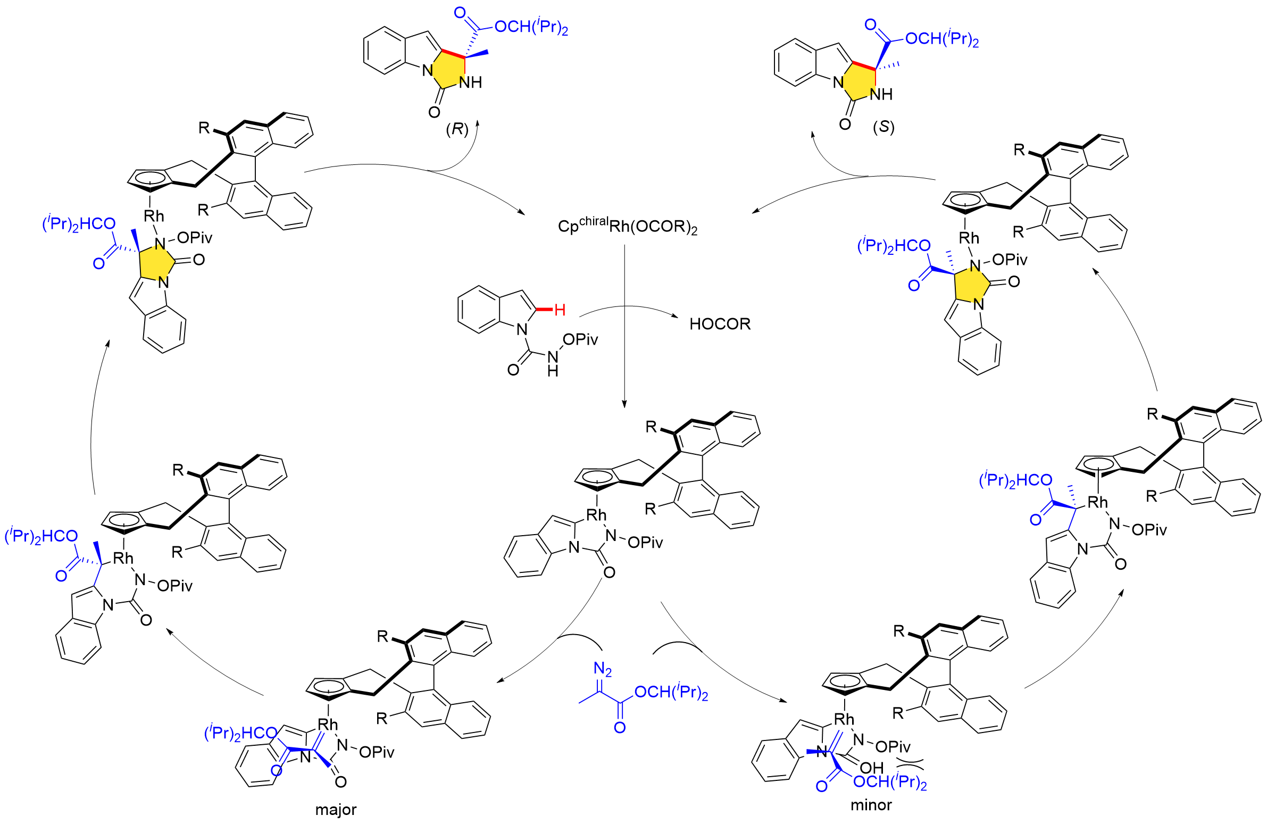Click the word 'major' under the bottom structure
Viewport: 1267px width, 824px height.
336,810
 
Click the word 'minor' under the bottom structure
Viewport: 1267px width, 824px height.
871,805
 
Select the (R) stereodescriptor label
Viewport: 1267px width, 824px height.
457,129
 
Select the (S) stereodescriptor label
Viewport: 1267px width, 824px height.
883,127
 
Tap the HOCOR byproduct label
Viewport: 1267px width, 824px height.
720,324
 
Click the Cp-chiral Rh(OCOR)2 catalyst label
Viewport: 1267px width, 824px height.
627,226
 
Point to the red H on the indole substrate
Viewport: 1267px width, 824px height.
560,310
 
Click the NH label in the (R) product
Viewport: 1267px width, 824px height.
471,82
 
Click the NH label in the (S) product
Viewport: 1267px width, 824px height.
881,94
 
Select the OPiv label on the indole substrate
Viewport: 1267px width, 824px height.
580,339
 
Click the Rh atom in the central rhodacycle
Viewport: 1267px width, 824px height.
596,515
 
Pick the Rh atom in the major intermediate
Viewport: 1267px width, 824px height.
328,725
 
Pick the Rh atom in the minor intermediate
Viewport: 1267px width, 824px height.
844,719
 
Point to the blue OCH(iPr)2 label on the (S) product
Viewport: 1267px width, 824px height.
941,39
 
